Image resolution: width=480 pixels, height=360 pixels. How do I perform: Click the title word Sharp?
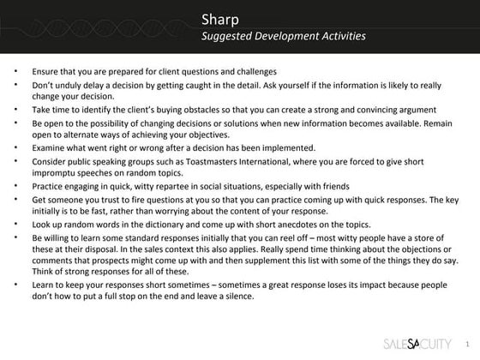(x=221, y=19)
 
